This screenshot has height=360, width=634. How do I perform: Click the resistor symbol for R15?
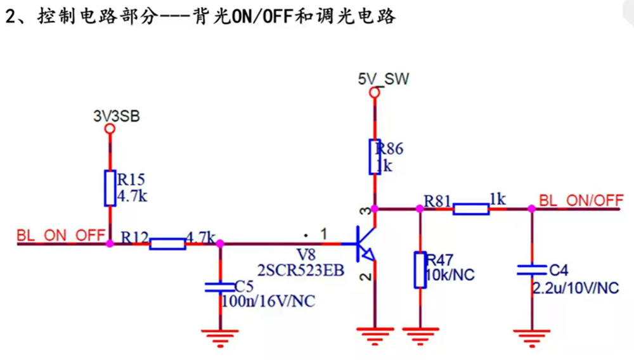pos(110,188)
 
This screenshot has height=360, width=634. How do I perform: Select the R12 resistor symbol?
pos(167,243)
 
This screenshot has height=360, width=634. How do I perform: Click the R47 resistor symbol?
pos(420,270)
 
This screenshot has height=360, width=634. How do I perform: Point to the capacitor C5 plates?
pos(220,287)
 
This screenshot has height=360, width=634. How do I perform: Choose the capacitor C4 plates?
pos(531,269)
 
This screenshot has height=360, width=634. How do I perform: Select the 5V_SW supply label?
pos(384,79)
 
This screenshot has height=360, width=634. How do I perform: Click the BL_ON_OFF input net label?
pos(61,235)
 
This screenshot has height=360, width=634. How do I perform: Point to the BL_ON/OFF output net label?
pos(581,200)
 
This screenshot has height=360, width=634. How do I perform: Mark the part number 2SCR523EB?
pos(301,271)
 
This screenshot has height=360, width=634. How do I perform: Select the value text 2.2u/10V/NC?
pos(575,288)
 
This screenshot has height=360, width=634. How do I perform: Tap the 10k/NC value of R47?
pos(450,275)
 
